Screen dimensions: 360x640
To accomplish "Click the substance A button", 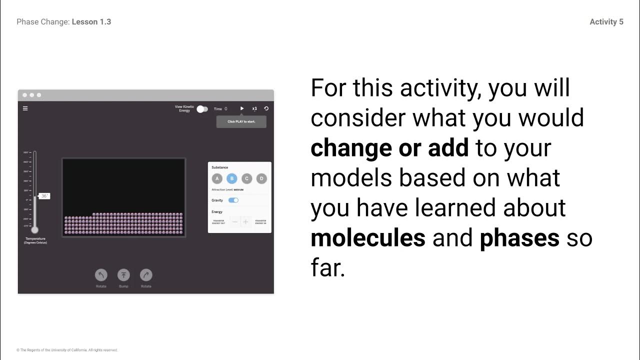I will pyautogui.click(x=217, y=178).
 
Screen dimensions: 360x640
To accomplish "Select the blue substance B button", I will pyautogui.click(x=231, y=178).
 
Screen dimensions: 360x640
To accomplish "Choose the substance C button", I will pyautogui.click(x=246, y=178).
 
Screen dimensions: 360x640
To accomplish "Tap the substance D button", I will pyautogui.click(x=261, y=178).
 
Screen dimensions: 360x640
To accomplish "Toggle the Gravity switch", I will pyautogui.click(x=233, y=200).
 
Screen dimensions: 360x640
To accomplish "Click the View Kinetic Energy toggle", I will pyautogui.click(x=202, y=109).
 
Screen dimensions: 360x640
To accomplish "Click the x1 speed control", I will pyautogui.click(x=254, y=108).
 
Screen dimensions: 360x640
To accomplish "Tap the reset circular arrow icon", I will pyautogui.click(x=266, y=108).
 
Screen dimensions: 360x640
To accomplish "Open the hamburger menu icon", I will pyautogui.click(x=25, y=108).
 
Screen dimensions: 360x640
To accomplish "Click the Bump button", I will pyautogui.click(x=123, y=275).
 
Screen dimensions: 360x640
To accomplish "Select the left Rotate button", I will pyautogui.click(x=101, y=275).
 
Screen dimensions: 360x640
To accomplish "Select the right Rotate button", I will pyautogui.click(x=146, y=275).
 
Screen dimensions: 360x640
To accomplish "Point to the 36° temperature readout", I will pyautogui.click(x=44, y=196).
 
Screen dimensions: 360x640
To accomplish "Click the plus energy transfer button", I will pyautogui.click(x=245, y=221).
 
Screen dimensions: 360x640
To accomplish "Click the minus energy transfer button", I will pyautogui.click(x=234, y=221).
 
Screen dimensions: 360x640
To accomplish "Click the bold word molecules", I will pyautogui.click(x=367, y=238).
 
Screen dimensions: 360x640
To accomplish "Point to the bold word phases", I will pyautogui.click(x=519, y=238).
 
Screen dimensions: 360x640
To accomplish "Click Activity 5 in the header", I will pyautogui.click(x=606, y=22).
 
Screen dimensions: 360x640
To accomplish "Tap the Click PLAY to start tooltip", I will pyautogui.click(x=241, y=121).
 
